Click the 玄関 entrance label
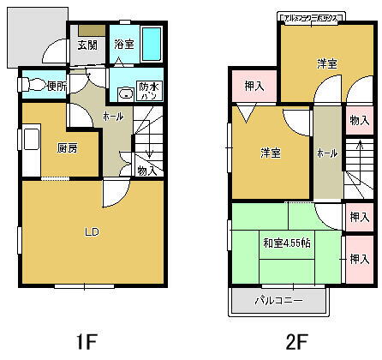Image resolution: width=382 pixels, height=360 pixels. [87, 45]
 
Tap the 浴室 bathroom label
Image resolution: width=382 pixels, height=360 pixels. [124, 45]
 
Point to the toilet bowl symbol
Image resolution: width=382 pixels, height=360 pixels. [36, 85]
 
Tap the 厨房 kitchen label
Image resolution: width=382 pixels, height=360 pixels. [68, 147]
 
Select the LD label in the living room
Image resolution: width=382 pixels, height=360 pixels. [90, 231]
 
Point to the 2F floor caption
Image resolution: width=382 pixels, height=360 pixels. [297, 341]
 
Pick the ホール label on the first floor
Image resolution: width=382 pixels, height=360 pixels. [113, 116]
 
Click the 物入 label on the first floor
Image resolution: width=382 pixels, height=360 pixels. [146, 171]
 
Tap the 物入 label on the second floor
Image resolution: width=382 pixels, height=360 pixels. [358, 121]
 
